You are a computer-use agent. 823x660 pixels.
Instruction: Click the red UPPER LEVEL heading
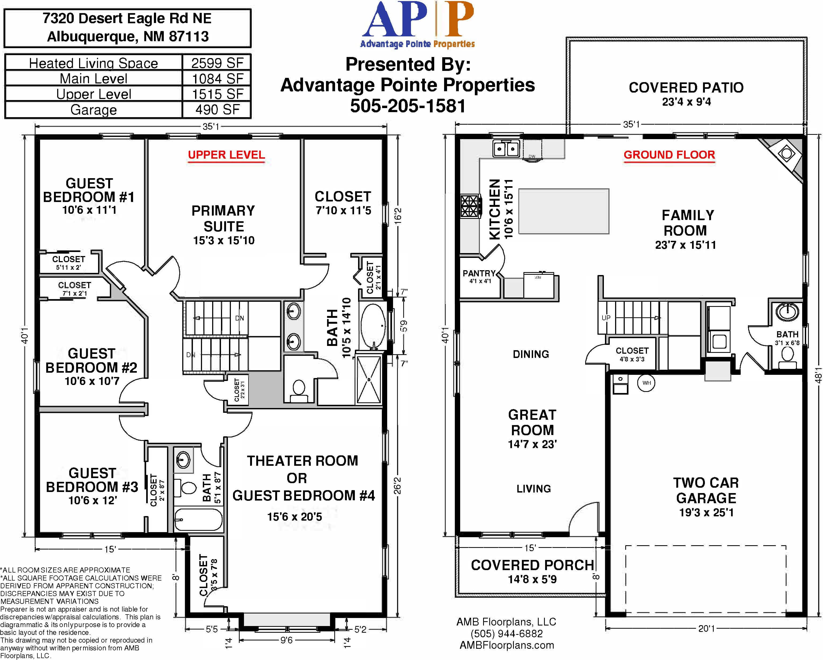pos(226,155)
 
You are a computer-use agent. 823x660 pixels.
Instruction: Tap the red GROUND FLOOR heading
pos(669,155)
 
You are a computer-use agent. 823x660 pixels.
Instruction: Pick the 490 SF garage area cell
pos(217,110)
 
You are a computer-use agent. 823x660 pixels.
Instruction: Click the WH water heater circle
pos(647,383)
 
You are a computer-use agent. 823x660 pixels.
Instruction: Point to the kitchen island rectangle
pos(564,211)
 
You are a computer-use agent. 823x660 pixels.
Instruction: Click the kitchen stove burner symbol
pos(470,206)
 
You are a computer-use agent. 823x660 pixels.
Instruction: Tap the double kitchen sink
pos(506,148)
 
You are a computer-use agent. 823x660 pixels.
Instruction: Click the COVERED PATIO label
pos(686,87)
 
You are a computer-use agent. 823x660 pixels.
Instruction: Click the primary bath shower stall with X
pos(369,379)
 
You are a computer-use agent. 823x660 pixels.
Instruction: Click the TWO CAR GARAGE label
pos(706,490)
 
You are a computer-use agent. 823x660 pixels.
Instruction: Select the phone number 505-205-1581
pos(408,106)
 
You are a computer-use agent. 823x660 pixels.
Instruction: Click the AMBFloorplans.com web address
pos(507,646)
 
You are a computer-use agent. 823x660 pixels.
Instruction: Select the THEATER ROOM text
pos(302,461)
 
